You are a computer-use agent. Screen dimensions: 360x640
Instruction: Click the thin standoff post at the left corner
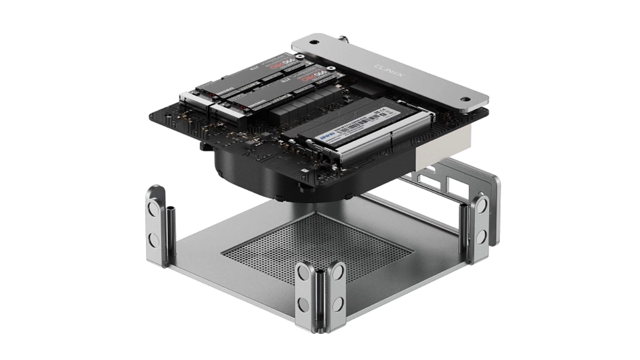click(x=171, y=235)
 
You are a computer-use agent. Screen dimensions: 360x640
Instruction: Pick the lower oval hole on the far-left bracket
click(x=154, y=240)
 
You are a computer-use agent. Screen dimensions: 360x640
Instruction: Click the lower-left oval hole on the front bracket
click(x=303, y=303)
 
